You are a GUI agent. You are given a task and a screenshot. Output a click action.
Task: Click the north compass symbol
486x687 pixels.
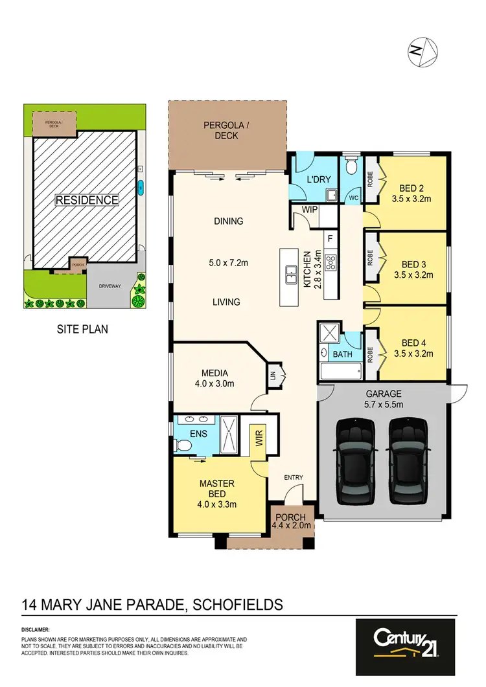[423, 51]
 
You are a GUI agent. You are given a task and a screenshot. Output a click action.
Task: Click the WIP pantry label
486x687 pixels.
[308, 210]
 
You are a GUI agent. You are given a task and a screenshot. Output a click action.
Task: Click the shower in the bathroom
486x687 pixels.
[330, 335]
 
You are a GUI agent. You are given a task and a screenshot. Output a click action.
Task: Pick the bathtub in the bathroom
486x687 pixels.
[341, 372]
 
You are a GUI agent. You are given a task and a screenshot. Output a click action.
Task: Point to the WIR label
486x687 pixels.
[259, 440]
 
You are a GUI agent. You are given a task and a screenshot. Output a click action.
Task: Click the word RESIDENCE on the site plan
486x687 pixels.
[86, 200]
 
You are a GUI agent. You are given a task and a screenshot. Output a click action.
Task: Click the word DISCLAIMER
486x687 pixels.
[35, 629]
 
